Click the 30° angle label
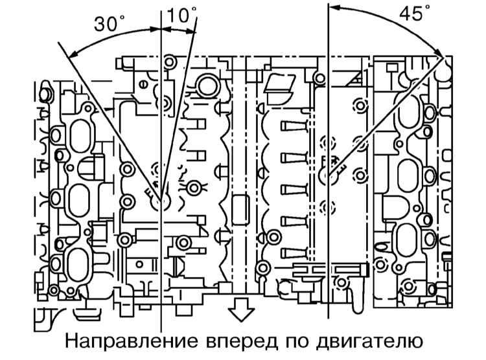coord(109,24)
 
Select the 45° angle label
coord(415,13)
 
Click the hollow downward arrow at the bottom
coord(242,309)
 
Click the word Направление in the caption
coord(132,341)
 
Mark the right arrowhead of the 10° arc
coord(191,30)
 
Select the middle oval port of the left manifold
coord(78,201)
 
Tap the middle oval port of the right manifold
coord(408,176)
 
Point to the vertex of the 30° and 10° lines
coord(161,200)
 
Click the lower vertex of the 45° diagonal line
coord(329,174)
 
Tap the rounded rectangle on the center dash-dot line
coord(240,210)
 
